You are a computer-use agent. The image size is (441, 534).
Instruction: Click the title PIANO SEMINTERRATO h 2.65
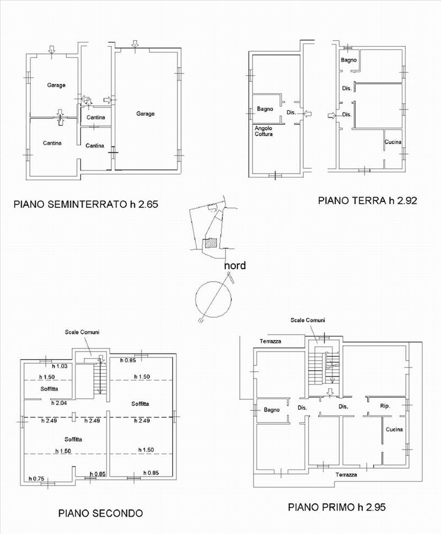coord(86,204)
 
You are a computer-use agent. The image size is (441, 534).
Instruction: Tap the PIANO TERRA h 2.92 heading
coord(368,200)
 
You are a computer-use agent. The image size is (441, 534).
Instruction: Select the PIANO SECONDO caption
coord(100,513)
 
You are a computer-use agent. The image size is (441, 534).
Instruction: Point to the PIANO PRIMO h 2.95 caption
coord(337,507)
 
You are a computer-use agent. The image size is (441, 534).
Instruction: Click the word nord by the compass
coord(235,265)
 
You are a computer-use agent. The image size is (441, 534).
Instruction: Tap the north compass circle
coord(213,299)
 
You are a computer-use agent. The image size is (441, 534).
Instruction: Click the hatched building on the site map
coord(210,243)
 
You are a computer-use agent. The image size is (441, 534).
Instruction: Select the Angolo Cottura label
coord(263,131)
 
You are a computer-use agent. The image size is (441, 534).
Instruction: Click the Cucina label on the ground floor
coord(393,142)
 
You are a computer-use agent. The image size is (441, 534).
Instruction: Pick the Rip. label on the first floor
coord(385,406)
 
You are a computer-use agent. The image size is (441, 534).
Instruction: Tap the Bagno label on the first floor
coord(272,410)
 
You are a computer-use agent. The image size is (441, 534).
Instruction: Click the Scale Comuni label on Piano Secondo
coord(82,332)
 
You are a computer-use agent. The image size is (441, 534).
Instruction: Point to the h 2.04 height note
coord(59,403)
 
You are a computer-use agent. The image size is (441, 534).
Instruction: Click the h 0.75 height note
coord(36,478)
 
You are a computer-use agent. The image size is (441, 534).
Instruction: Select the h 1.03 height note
coord(60,366)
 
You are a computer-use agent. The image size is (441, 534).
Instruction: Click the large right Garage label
coord(146,114)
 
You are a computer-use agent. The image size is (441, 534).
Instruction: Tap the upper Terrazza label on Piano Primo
coord(271,341)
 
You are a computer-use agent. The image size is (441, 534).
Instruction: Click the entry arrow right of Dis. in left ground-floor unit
coord(307,114)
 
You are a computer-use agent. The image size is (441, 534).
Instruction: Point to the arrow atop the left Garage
coord(51,50)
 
